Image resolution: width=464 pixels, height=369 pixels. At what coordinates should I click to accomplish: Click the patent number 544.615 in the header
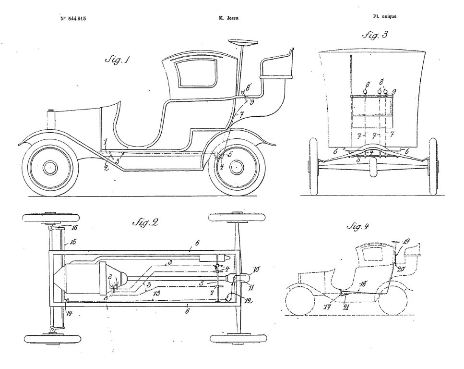pos(73,19)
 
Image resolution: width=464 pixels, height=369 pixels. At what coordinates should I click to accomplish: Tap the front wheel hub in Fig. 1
pos(49,167)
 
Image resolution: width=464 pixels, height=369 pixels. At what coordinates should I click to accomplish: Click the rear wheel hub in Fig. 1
pos(236,167)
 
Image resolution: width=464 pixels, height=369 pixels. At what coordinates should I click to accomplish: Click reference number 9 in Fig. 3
pos(394,91)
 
